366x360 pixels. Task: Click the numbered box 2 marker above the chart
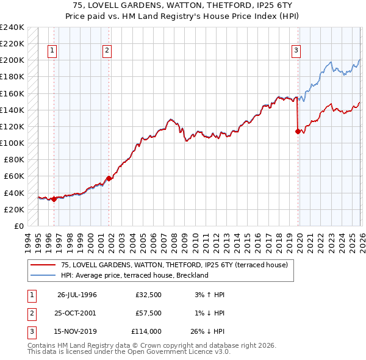[107, 51]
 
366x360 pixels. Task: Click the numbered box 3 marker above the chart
[296, 51]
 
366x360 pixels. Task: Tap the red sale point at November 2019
[298, 131]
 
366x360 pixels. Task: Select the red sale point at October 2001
[109, 178]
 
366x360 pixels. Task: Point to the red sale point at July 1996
[54, 198]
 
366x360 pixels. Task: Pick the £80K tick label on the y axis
[13, 160]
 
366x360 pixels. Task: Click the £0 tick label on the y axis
[18, 226]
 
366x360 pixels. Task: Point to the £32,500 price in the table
[148, 295]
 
